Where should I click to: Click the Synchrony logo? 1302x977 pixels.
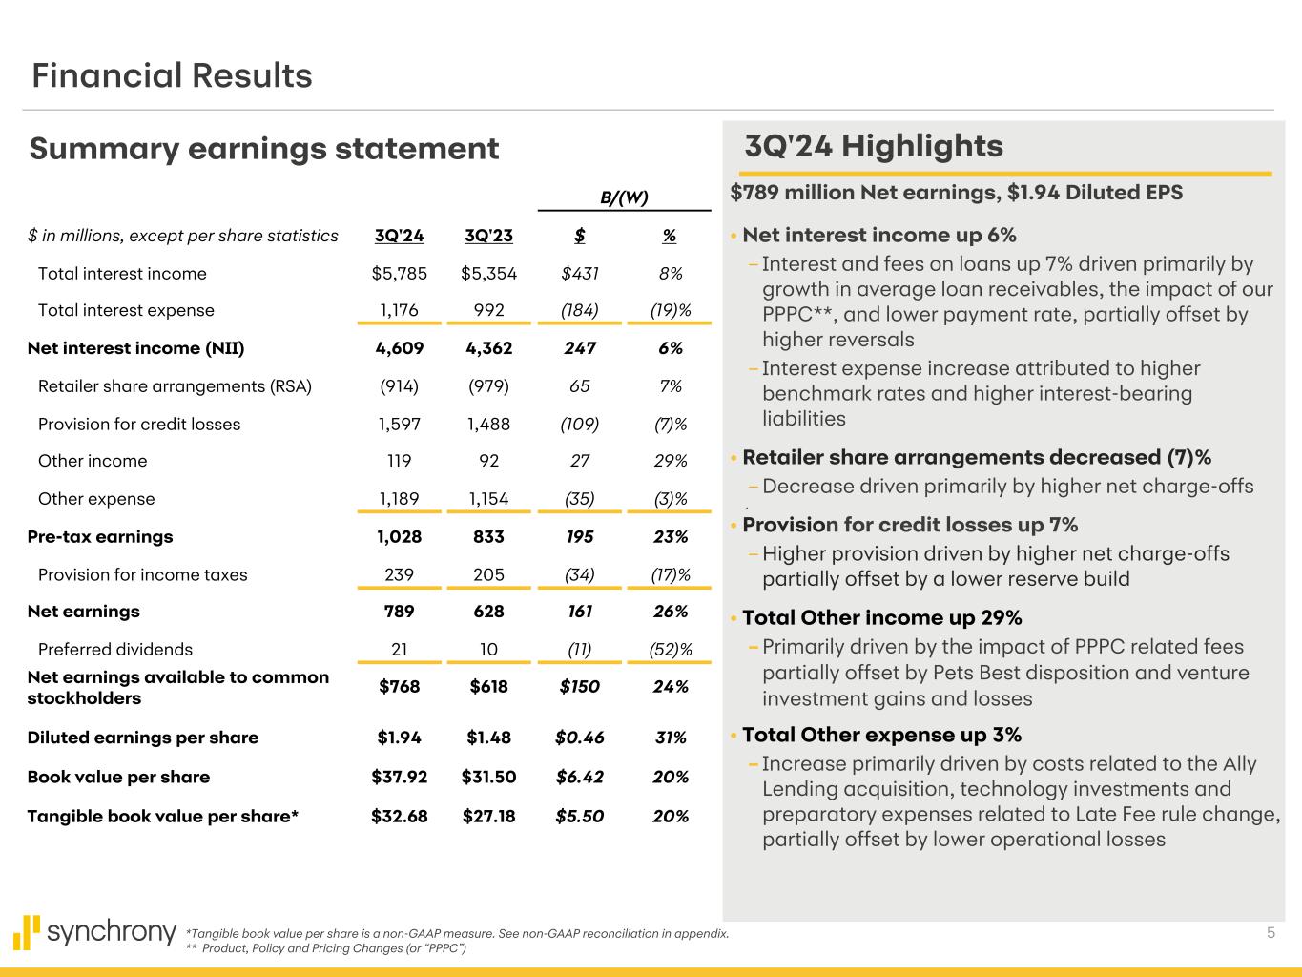click(95, 932)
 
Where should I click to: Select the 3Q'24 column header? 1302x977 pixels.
click(399, 236)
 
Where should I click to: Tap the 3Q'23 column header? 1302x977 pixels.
click(488, 236)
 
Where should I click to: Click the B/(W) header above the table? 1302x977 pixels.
click(624, 197)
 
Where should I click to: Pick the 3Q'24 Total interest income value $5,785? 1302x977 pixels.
click(399, 274)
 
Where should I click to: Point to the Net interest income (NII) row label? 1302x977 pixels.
click(135, 348)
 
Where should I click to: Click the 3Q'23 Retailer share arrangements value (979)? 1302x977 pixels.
click(488, 386)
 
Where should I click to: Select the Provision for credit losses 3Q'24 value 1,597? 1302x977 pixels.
click(399, 424)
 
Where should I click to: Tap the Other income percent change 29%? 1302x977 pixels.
click(670, 461)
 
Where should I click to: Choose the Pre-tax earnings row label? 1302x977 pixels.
click(100, 536)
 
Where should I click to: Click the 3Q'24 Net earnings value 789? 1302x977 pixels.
click(399, 612)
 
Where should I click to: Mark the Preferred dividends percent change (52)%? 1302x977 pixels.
click(670, 650)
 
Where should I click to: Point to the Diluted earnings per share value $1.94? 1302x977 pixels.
click(399, 738)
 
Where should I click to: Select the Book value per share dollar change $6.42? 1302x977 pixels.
click(579, 777)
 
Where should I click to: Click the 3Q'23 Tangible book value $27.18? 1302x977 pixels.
click(488, 816)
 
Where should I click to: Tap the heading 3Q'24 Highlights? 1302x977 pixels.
click(873, 146)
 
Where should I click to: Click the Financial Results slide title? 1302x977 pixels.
click(172, 75)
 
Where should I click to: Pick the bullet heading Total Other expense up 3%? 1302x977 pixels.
click(881, 735)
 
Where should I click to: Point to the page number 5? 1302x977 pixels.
click(1271, 932)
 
